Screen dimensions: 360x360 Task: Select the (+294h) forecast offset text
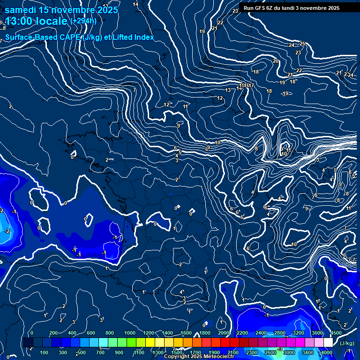83,21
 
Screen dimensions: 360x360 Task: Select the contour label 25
302,44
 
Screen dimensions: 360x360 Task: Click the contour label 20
276,61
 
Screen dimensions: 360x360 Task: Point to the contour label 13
228,90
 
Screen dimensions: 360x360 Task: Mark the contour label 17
251,86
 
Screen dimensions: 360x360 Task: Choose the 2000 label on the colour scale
223,333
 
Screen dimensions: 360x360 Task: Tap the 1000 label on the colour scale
129,333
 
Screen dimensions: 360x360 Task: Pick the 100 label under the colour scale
45,352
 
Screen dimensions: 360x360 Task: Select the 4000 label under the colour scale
326,352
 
